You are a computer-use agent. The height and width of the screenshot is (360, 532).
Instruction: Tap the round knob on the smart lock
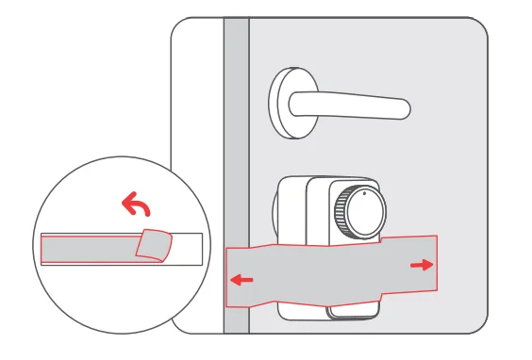pyautogui.click(x=363, y=213)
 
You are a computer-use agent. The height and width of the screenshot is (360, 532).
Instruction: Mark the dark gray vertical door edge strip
pyautogui.click(x=235, y=141)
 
